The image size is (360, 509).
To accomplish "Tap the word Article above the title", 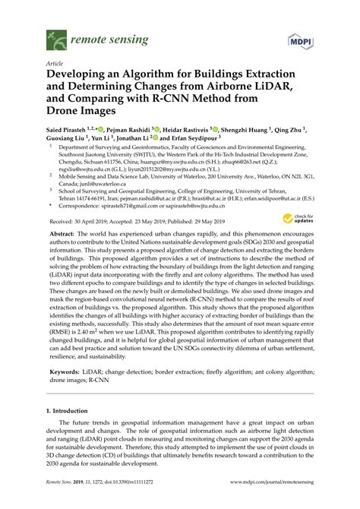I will click(x=55, y=65).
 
